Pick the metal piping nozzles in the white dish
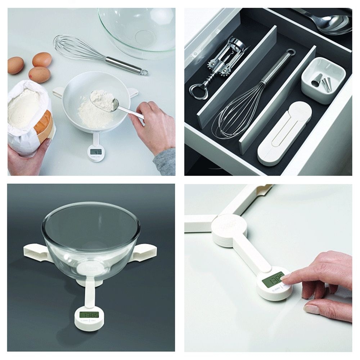click(324, 83)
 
